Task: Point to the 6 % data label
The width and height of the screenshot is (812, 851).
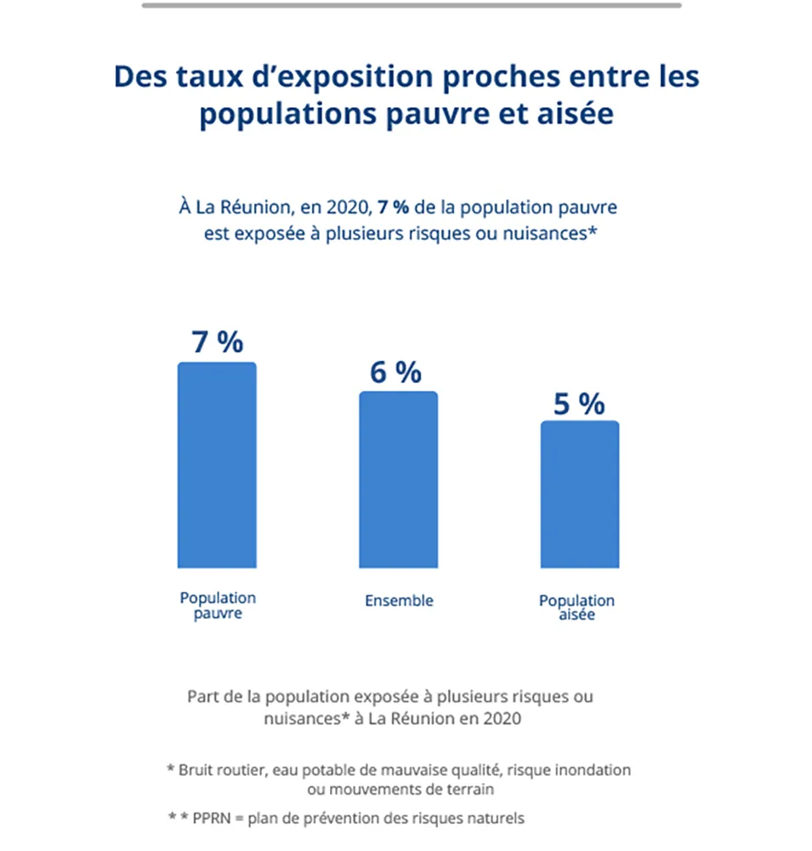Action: coord(395,372)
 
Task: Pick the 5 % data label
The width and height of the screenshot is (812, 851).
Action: coord(579,403)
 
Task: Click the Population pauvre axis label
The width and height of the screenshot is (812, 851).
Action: coord(218,606)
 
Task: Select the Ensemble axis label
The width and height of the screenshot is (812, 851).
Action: coord(399,601)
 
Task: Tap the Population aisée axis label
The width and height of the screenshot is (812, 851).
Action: coord(576,608)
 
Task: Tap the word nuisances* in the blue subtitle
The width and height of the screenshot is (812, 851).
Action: coord(544,233)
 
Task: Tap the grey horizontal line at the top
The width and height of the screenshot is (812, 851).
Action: coord(412,5)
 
